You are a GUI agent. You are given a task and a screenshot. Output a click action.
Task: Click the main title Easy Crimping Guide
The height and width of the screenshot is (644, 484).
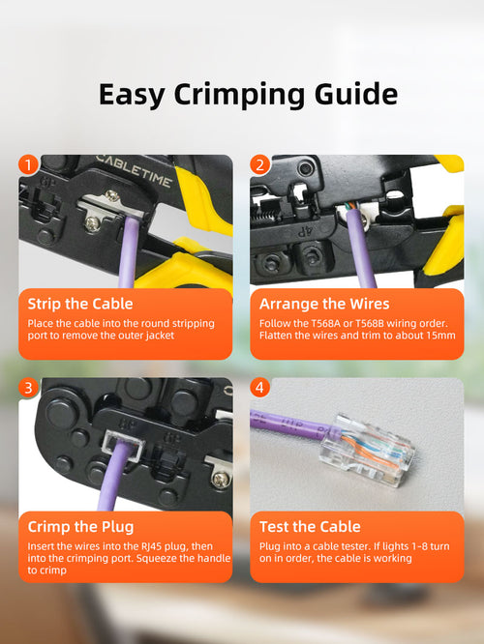coord(248,94)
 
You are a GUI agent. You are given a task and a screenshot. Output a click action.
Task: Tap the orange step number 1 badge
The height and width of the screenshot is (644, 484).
coord(29,165)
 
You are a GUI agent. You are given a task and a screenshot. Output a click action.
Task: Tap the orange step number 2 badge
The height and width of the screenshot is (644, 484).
coord(259,165)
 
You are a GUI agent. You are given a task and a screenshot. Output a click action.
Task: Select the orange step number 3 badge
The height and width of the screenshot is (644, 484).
coord(29,388)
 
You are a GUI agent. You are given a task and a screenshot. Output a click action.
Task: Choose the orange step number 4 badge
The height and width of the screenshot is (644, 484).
coord(259,388)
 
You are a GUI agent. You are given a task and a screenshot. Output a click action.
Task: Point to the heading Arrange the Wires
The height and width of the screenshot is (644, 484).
coord(324,304)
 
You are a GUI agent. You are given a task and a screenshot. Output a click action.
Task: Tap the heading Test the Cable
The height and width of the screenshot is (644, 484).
coord(310,527)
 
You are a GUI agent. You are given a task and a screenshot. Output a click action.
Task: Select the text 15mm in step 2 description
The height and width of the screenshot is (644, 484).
coord(438,336)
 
